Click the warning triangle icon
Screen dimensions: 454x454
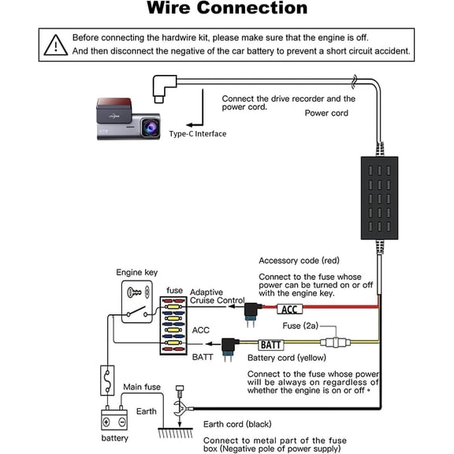tap(56, 45)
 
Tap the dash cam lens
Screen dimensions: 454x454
tap(151, 127)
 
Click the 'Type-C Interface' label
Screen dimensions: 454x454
tap(198, 134)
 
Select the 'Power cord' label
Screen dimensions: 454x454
tap(326, 113)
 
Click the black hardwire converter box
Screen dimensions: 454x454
tap(379, 198)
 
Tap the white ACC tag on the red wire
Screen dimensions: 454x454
tap(289, 309)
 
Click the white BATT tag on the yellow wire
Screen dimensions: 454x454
tap(270, 345)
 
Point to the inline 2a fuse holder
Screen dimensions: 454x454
tap(335, 343)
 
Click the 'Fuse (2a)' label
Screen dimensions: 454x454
tap(300, 326)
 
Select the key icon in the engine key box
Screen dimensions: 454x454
tap(134, 292)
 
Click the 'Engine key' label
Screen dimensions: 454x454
tap(137, 272)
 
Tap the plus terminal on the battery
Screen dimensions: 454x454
tap(106, 422)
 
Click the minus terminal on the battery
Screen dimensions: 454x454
tap(122, 422)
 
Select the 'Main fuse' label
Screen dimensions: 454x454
tap(142, 387)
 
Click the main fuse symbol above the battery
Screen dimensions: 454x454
tap(107, 380)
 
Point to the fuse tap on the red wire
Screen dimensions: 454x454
tap(251, 314)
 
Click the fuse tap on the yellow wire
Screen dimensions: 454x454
tap(229, 349)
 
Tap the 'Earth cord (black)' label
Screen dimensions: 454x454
tap(237, 424)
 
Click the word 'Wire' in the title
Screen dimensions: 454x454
tap(169, 8)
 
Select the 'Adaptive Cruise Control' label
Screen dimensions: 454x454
tap(218, 296)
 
